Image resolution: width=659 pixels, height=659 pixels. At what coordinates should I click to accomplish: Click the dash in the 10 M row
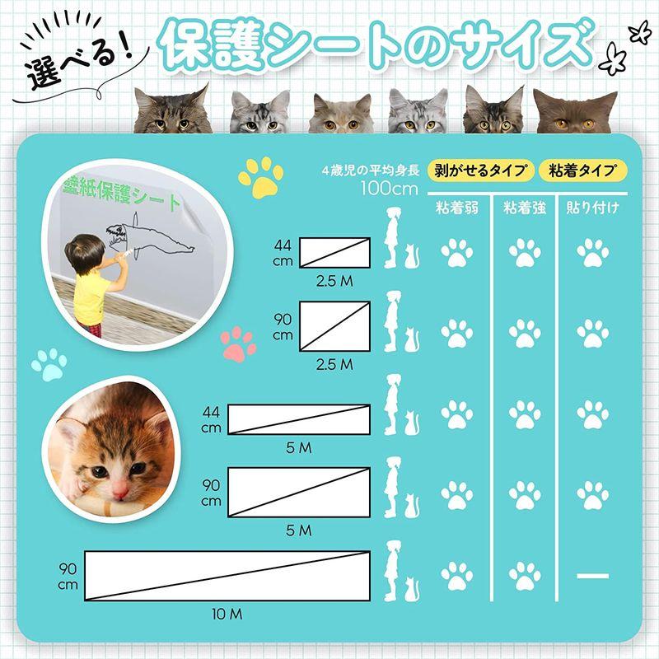click(x=592, y=575)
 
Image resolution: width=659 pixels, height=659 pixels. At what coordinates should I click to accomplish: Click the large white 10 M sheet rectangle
click(x=227, y=574)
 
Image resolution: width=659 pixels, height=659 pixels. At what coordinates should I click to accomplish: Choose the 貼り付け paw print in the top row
click(x=592, y=252)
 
